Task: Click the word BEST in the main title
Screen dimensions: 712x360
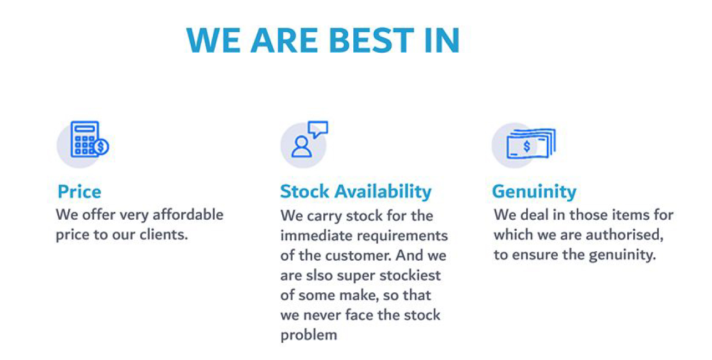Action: pos(372,40)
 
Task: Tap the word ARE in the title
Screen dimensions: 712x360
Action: pos(284,40)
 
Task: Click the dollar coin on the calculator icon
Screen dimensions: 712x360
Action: pos(101,146)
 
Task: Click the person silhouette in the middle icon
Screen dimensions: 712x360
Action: pos(301,146)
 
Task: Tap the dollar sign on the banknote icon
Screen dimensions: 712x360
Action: pos(527,146)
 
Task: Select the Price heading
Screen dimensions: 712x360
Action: pos(79,192)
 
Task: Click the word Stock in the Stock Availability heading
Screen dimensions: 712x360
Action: pos(304,191)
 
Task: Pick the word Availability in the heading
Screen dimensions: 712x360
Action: pos(383,192)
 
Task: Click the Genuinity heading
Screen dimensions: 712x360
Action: pos(535,192)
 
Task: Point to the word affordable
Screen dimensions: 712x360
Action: pos(188,215)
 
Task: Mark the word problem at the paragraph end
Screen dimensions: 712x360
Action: pos(309,336)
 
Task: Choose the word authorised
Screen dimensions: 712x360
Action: pos(624,235)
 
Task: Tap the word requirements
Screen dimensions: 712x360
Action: pos(402,236)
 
